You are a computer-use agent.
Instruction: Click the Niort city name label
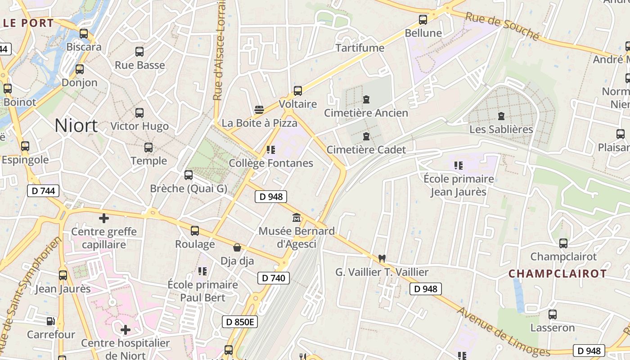point(76,126)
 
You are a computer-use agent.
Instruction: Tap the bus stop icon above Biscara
point(84,34)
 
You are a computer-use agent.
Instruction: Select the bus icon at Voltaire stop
point(298,91)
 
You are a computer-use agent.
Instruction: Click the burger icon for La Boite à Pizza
point(259,110)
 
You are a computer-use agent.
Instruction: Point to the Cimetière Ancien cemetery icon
point(366,99)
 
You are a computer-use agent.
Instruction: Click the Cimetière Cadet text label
point(366,150)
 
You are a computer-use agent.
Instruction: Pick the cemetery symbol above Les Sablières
point(501,116)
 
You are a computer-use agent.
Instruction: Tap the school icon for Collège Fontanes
point(270,150)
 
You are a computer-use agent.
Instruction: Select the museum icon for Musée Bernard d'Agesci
point(297,218)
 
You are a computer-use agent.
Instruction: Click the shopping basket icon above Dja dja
point(237,247)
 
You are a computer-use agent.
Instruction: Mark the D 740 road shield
point(273,278)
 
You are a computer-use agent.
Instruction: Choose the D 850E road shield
point(240,322)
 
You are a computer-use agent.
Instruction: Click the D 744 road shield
point(43,191)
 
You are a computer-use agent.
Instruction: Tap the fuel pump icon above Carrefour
point(51,321)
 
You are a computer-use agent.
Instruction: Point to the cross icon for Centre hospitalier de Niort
point(126,330)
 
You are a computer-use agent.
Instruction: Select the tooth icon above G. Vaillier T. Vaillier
point(382,259)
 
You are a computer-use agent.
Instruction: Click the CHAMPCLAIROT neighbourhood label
point(558,274)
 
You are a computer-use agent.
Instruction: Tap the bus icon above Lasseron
point(553,315)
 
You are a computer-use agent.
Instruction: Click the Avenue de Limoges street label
point(504,332)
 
